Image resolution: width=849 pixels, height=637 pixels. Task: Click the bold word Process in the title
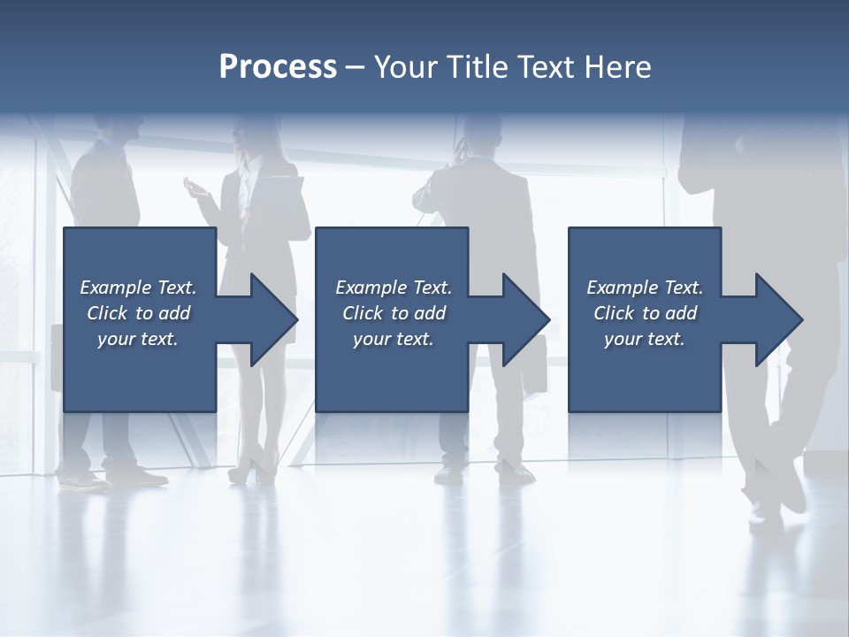(x=278, y=67)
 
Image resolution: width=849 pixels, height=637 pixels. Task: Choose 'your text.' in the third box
(x=644, y=339)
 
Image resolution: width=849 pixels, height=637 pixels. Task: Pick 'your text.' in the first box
(x=137, y=339)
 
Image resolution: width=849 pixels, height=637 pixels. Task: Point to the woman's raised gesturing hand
(x=194, y=187)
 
